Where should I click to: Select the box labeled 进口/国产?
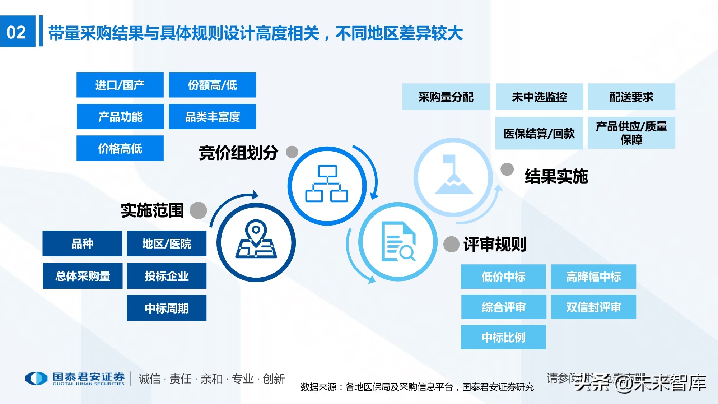point(120,85)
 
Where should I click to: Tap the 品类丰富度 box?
point(212,117)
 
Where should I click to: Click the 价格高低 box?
point(120,148)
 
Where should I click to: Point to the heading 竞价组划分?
point(238,153)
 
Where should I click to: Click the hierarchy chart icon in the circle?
point(326,184)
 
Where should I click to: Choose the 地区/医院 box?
point(167,244)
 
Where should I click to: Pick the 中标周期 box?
point(167,308)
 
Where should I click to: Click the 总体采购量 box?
point(83,276)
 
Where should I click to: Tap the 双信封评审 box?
point(593,307)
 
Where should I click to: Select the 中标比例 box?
point(503,337)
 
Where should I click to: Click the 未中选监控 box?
point(539,97)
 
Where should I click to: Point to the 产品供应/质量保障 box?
point(631,133)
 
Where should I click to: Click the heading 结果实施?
point(556,176)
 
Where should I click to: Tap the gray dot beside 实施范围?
point(198,210)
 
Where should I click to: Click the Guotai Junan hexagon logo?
point(36,379)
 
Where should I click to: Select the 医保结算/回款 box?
point(539,133)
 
